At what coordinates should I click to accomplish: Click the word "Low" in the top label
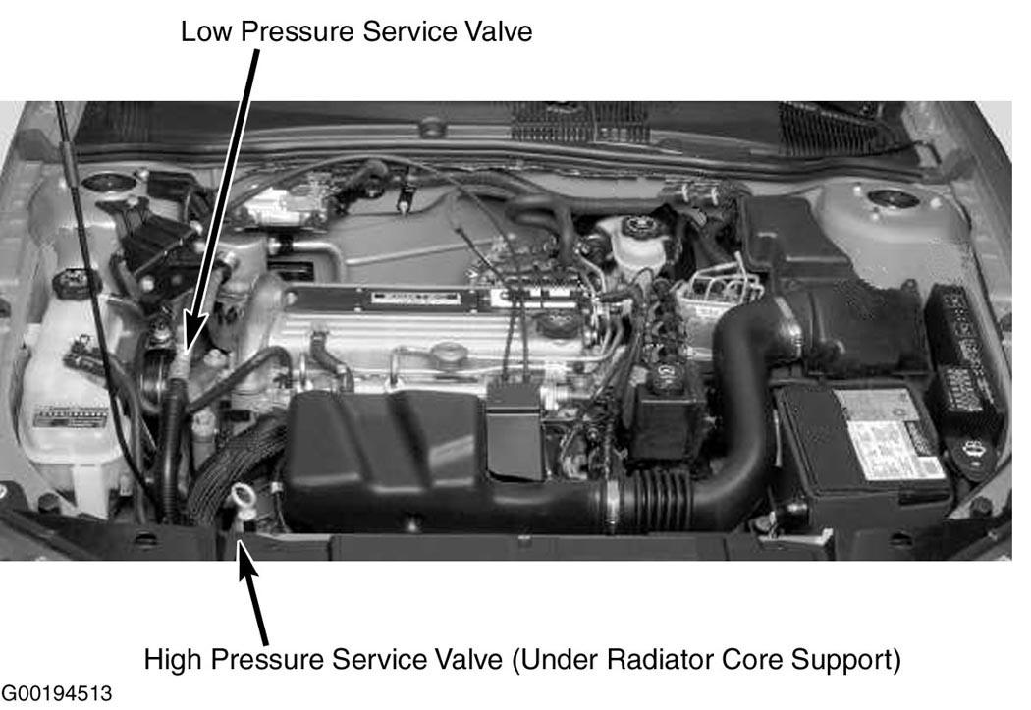(206, 31)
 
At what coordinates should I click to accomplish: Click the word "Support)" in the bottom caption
(845, 660)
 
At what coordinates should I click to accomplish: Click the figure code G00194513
(57, 693)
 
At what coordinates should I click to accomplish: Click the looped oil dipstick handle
(241, 494)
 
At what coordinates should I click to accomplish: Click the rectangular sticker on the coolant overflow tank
(71, 416)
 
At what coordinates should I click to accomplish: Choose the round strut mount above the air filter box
(893, 198)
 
